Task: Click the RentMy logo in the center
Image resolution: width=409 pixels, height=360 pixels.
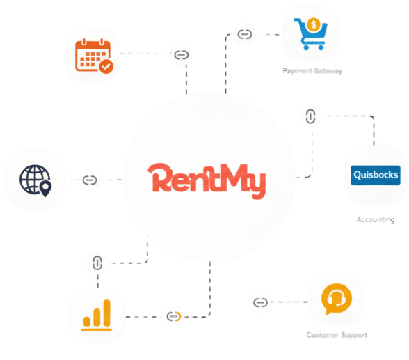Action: (x=207, y=180)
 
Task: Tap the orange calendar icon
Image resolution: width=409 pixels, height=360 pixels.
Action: (x=94, y=56)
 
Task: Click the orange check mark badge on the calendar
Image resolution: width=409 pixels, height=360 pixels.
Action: (x=106, y=67)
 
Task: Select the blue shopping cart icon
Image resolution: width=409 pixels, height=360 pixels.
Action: (x=310, y=33)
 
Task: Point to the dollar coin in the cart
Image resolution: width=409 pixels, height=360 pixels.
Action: (x=314, y=25)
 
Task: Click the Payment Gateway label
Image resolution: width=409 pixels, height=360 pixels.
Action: (x=312, y=71)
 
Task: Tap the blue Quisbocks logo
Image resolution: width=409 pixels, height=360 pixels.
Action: (x=376, y=175)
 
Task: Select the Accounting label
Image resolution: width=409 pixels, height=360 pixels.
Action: (x=376, y=219)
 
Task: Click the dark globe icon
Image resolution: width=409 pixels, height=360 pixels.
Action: (x=35, y=180)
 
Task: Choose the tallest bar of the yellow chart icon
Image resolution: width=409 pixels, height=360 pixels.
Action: (x=106, y=313)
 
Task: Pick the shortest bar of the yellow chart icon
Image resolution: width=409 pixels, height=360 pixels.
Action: (x=86, y=321)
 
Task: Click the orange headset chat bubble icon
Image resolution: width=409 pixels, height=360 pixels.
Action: (x=337, y=299)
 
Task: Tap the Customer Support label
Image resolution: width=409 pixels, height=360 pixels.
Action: (x=337, y=335)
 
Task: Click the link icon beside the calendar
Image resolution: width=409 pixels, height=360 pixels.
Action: (x=182, y=55)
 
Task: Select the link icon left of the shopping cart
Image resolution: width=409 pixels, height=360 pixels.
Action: (x=245, y=34)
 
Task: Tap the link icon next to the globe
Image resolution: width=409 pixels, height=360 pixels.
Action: (x=90, y=180)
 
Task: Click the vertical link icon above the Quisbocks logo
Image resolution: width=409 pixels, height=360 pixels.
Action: (x=310, y=116)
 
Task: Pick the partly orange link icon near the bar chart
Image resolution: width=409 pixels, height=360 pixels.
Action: (x=174, y=316)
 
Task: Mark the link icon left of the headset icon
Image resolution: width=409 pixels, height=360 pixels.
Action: (x=260, y=302)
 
